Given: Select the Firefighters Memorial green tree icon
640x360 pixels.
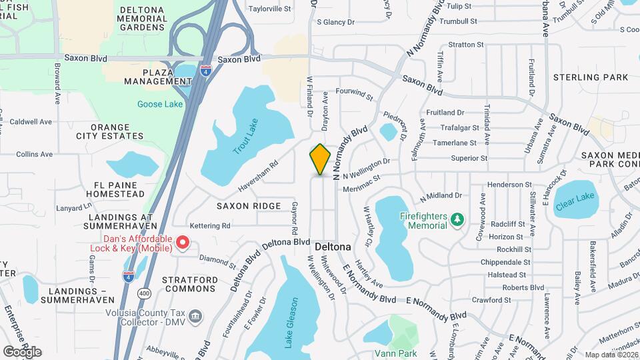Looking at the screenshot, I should coord(456,219).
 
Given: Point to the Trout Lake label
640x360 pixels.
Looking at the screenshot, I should coord(245,137).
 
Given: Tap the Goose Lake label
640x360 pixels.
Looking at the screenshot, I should coord(159,104).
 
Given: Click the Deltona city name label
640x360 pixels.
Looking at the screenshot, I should coord(333,246).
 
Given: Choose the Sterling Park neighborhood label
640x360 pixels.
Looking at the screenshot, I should coord(591,77).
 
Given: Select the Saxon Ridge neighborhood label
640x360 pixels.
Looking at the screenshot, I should coord(248,206).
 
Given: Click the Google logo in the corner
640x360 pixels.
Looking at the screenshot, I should coord(22,351).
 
